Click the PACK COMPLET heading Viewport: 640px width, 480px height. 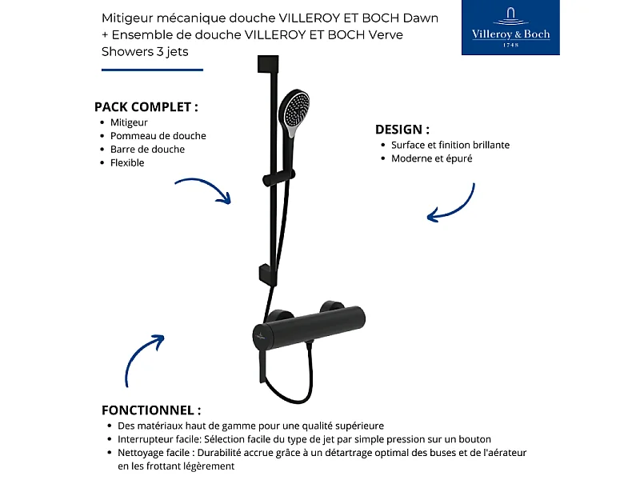click(x=146, y=106)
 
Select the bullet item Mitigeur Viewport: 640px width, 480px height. click(x=129, y=122)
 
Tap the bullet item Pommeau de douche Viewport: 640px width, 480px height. click(x=158, y=136)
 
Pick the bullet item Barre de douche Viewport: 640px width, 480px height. click(x=147, y=150)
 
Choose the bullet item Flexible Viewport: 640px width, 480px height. click(x=127, y=163)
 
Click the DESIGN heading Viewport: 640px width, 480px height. click(x=402, y=129)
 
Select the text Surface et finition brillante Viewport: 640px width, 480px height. click(x=450, y=146)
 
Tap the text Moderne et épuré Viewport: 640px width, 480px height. click(x=431, y=158)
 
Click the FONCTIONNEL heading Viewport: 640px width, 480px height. click(x=151, y=410)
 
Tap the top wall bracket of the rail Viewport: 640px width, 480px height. click(x=266, y=63)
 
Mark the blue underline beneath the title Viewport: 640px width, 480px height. click(x=152, y=70)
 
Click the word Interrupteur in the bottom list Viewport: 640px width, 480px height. click(x=145, y=439)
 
